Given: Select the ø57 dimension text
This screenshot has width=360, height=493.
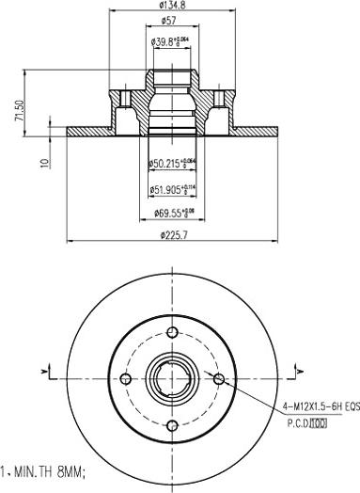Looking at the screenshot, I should coord(170,21).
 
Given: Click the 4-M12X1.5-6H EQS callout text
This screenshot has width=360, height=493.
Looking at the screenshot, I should coord(319,406).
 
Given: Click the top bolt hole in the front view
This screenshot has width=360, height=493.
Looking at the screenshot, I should coord(172,332).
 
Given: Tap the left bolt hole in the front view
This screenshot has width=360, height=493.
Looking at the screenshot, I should coord(126,378).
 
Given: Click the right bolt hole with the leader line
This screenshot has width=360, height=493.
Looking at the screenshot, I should coord(218,379).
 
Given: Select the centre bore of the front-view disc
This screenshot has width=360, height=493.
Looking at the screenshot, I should coord(172,379).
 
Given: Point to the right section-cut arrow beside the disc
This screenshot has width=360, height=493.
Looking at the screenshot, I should coord(300,374).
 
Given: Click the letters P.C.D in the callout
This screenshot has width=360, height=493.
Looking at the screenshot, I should coord(299,422).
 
